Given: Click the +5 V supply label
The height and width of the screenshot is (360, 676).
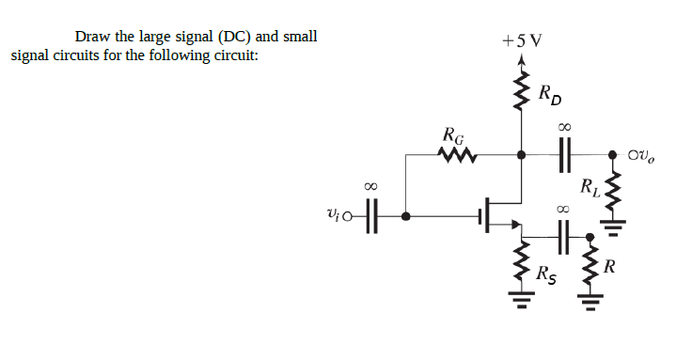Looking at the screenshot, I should coord(523,41).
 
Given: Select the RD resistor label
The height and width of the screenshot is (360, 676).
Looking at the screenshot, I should coord(552,94).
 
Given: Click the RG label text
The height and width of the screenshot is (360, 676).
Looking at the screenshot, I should coord(453,134).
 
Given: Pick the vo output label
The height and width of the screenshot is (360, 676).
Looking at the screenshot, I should coord(647,153).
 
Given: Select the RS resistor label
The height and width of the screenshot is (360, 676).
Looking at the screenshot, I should coord(545,275).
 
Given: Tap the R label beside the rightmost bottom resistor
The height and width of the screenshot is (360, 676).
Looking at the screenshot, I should coord(609,268).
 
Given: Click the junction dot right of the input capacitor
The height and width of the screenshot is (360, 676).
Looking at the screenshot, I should coord(405,216).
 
